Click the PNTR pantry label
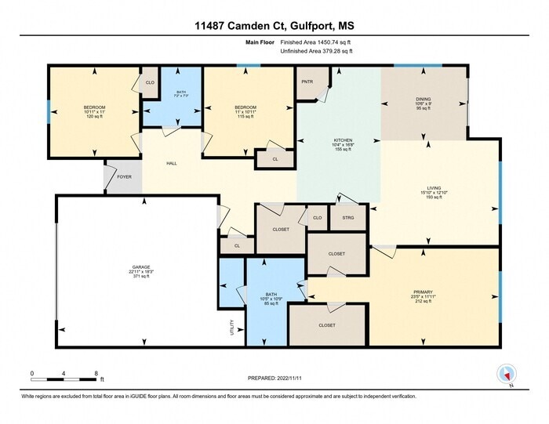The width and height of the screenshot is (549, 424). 307,82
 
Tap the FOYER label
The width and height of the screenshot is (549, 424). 125,177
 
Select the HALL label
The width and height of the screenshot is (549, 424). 171,164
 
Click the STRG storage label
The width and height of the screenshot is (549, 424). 348,218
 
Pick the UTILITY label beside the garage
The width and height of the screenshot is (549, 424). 231,327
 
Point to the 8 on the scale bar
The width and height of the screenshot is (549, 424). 95,373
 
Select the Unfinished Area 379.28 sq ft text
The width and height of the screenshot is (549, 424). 316,51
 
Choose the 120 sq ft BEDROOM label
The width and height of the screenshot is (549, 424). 95,111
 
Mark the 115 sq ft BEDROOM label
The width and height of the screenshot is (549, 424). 246,111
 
